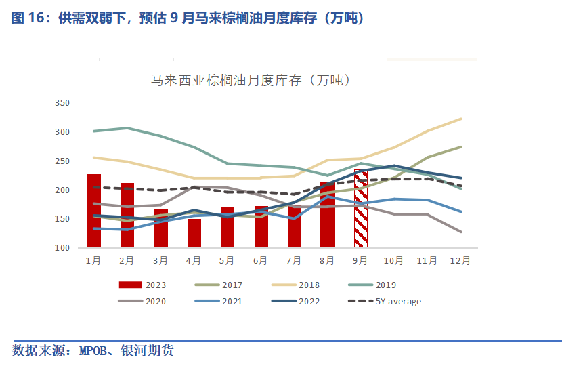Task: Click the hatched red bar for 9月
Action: coord(361,209)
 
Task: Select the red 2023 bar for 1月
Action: coord(94,211)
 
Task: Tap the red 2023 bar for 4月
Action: coord(194,233)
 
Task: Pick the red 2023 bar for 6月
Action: coord(261,226)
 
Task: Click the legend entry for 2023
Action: coord(142,285)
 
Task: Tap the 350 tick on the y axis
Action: coord(62,103)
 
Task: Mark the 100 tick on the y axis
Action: coord(62,248)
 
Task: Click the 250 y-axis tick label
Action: coord(62,161)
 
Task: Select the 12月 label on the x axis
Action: coord(461,260)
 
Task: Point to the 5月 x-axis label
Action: coord(228,260)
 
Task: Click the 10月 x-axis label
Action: coord(394,260)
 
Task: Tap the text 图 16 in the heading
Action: coord(29,19)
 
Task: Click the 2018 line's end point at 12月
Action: coord(461,119)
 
